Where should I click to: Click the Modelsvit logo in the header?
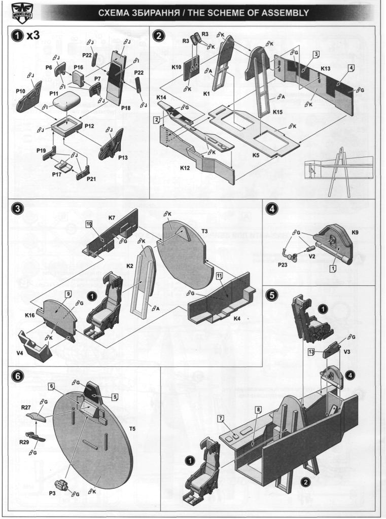(x=19, y=12)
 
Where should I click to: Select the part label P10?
(x=20, y=91)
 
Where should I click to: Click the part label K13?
(x=326, y=68)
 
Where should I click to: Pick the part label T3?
(x=205, y=231)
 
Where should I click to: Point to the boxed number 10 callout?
(x=88, y=224)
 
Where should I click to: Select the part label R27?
(x=26, y=406)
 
